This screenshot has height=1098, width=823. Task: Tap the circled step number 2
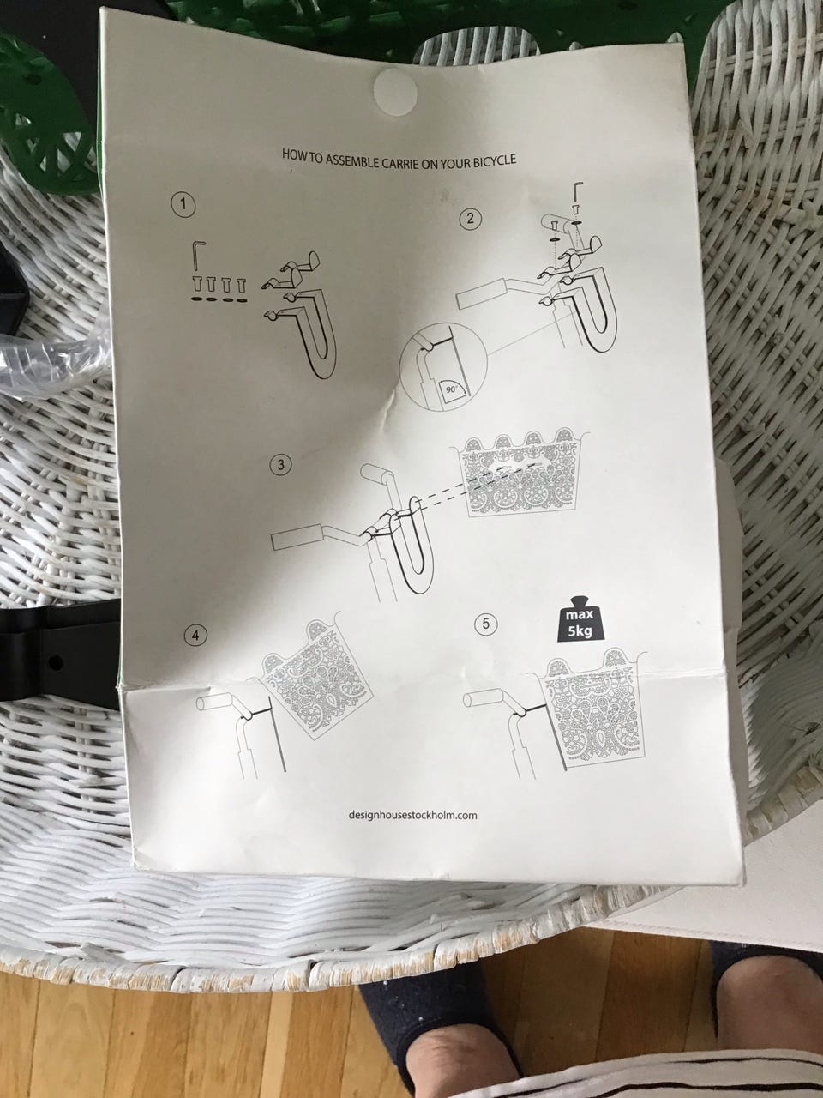[x=471, y=219]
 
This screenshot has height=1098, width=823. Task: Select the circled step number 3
[x=281, y=465]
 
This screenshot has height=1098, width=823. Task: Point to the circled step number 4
[x=195, y=636]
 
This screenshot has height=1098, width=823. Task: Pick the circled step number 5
[x=486, y=624]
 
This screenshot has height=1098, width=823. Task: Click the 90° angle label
[x=452, y=390]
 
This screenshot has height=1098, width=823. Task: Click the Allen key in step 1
[x=198, y=255]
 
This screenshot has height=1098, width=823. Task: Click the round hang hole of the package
[x=395, y=91]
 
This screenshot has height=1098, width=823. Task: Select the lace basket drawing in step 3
[x=520, y=471]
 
